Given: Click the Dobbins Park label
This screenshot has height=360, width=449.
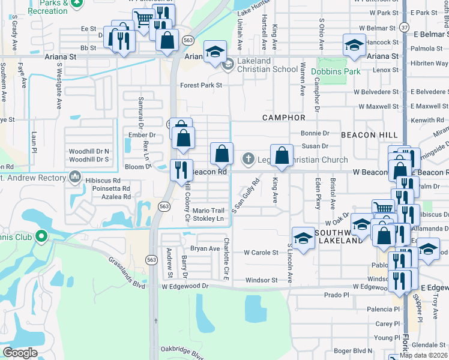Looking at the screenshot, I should pos(336,71).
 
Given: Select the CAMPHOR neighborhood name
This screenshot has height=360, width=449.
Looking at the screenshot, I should pos(284,118).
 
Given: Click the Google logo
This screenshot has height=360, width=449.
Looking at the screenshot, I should pos(20,352).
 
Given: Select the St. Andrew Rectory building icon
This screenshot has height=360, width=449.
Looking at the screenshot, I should pos(75,178).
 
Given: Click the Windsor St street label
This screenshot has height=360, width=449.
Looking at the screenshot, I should pos(261,280).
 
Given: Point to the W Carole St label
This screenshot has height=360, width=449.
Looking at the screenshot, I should pos(261,253).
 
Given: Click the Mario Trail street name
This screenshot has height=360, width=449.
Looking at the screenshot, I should pos(208,211).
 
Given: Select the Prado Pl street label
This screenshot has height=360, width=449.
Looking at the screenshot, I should pos(336,295).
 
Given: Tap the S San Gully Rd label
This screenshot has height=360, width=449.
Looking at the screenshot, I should pos(245,197).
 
